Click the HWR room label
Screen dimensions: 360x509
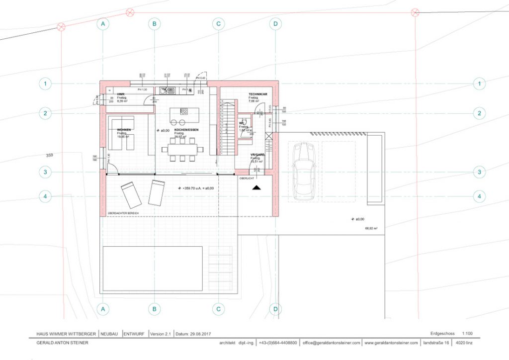[121, 94]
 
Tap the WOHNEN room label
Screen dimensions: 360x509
[124, 130]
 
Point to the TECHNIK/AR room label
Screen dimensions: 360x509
[258, 94]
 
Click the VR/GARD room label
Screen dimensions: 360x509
[257, 155]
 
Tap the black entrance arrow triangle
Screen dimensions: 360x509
[256, 187]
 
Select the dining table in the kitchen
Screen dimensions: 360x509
[182, 148]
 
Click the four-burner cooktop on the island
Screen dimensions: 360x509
[184, 111]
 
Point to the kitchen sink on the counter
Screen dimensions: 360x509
[170, 90]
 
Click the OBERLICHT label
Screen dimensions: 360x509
[247, 178]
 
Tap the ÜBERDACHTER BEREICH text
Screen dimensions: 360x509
[123, 213]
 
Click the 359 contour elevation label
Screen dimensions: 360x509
[49, 155]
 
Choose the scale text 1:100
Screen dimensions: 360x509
[467, 334]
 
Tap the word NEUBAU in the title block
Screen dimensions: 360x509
[109, 334]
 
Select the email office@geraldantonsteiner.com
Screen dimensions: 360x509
[332, 343]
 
